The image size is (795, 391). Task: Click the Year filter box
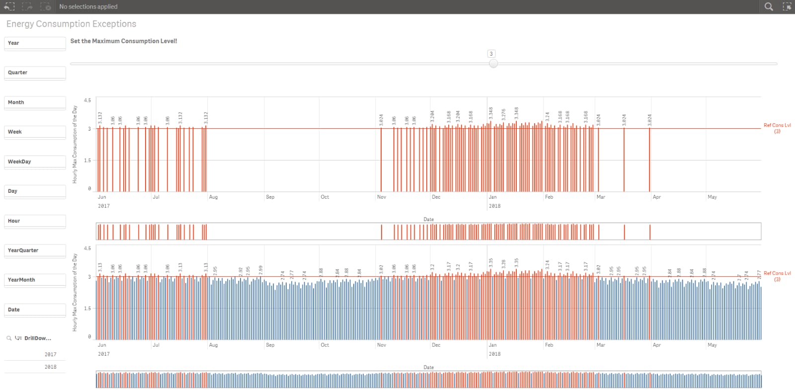tap(35, 43)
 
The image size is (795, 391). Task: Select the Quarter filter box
tap(35, 73)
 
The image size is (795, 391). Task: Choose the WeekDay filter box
tap(35, 161)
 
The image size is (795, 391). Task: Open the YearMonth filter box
tap(35, 280)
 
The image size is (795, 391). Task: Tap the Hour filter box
tap(35, 221)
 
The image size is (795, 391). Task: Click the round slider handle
tap(493, 64)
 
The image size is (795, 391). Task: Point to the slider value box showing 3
tap(491, 54)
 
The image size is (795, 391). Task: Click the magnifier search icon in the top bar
tap(769, 6)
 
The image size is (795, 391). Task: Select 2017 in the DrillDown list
tap(50, 354)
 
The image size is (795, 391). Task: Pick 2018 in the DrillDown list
tap(50, 367)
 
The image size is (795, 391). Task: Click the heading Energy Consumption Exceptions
tap(71, 24)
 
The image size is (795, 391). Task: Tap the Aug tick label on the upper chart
tap(213, 197)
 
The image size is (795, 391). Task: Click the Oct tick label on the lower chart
tap(324, 345)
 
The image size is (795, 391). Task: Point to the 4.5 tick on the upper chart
tap(87, 100)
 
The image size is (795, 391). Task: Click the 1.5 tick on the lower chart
tap(87, 309)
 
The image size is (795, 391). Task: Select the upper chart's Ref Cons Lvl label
tap(777, 128)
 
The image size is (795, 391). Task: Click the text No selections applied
tap(88, 6)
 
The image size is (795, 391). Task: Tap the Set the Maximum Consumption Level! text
tap(124, 41)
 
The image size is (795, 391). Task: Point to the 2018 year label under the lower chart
tap(494, 354)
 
